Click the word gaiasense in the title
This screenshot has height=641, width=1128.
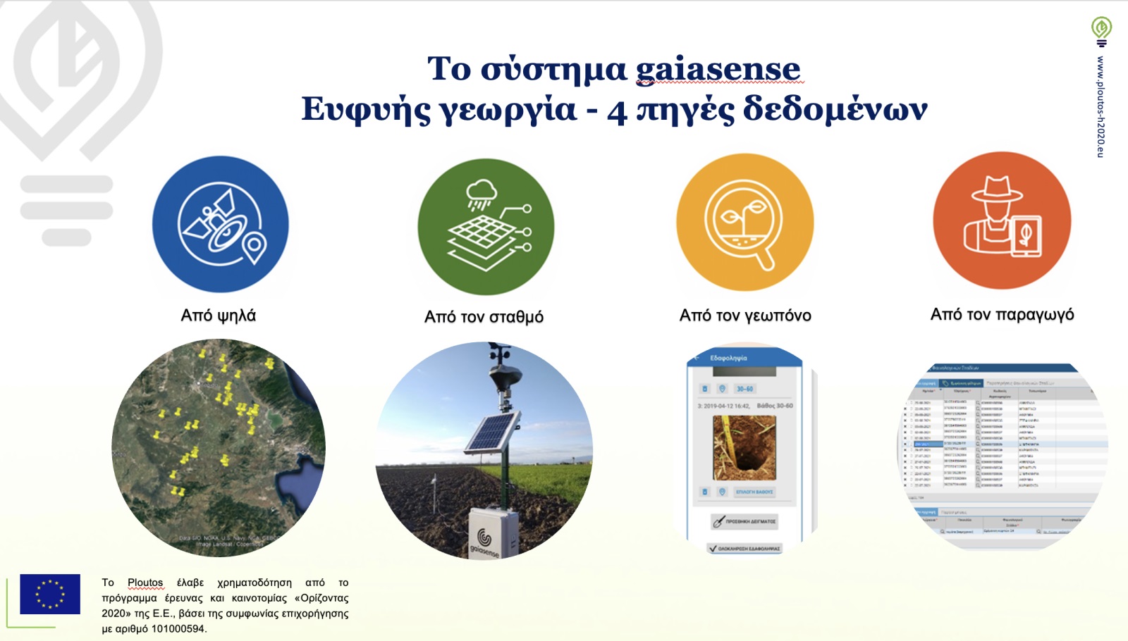click(x=718, y=70)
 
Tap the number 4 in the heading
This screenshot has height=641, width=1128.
click(x=617, y=111)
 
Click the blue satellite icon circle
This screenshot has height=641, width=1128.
click(x=221, y=224)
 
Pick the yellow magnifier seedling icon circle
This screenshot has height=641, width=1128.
click(x=744, y=223)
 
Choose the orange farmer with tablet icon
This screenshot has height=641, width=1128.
click(x=1002, y=220)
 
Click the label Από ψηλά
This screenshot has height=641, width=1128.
click(x=219, y=316)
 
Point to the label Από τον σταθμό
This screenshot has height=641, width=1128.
click(x=484, y=317)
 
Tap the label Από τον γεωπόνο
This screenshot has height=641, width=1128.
click(x=745, y=316)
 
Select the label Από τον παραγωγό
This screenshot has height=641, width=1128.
click(x=1002, y=314)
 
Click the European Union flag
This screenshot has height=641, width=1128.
click(x=50, y=594)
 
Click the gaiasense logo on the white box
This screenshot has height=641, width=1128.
click(x=484, y=539)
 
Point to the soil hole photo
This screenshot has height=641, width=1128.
click(x=744, y=448)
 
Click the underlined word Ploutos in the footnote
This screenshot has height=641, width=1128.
click(x=145, y=583)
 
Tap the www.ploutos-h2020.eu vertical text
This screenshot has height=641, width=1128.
click(x=1101, y=106)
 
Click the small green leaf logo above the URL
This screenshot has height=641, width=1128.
click(x=1101, y=28)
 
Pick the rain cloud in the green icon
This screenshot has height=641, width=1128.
click(x=482, y=190)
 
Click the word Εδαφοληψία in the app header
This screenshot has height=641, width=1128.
click(x=728, y=359)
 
